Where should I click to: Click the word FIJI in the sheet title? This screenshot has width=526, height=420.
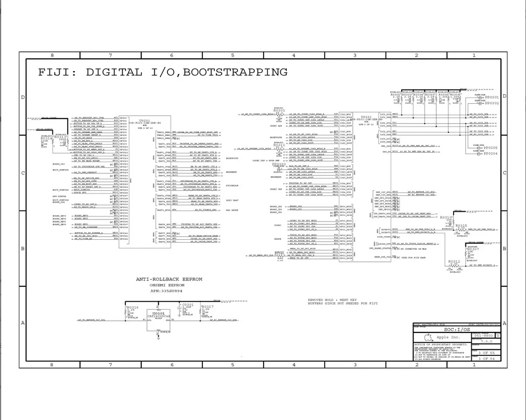tap(57, 72)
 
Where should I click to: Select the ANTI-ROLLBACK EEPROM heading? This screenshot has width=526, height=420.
tap(169, 279)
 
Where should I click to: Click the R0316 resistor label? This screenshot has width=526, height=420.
tap(132, 307)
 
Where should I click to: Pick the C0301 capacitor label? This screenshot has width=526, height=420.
tap(188, 304)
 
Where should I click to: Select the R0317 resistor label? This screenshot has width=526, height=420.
tap(207, 306)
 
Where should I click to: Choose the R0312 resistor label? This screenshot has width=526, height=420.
tap(454, 261)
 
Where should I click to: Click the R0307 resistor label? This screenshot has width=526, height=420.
tap(471, 249)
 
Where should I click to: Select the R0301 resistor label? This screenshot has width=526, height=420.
tap(279, 110)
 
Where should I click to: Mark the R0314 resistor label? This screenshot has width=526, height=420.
tap(47, 138)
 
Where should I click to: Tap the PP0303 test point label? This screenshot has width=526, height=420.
tap(279, 164)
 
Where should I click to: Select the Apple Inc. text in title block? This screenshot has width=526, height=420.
tap(447, 338)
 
